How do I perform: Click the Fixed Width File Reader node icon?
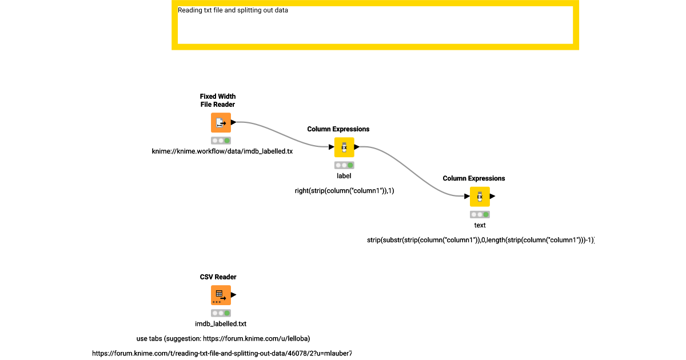coord(221,123)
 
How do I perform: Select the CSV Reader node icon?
coord(221,295)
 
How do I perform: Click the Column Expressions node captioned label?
coord(344,147)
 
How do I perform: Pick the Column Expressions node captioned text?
coord(480,197)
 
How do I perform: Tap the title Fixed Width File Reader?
coord(217,101)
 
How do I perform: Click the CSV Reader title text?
coord(218,277)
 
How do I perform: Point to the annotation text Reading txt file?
coord(233,10)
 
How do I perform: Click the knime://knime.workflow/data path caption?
coord(222,151)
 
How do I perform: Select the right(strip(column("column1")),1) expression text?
coord(344,191)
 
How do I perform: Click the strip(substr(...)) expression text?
coord(480,241)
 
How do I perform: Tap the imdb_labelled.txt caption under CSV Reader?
coord(221,324)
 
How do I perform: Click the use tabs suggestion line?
coord(223,338)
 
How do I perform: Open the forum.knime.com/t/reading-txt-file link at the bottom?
coord(222,353)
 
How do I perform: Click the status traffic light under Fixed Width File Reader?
coord(221,140)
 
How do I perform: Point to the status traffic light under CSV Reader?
coord(221,313)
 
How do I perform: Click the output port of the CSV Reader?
coord(233,295)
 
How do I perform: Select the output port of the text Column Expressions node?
coord(492,197)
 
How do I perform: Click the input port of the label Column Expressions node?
coord(332,147)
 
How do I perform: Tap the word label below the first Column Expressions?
coord(344,176)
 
